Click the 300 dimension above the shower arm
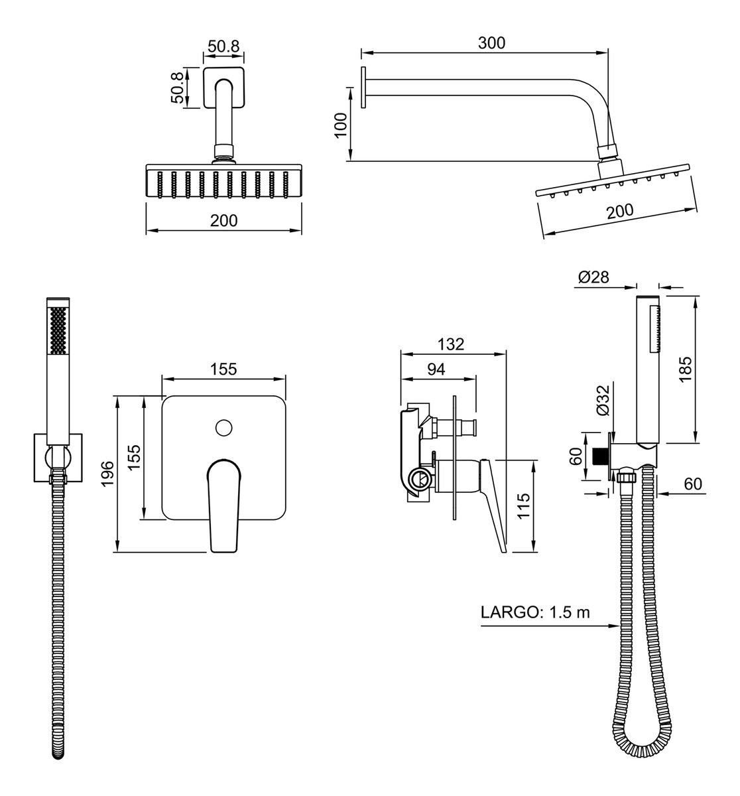click(491, 43)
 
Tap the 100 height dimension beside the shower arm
click(341, 125)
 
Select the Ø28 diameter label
click(593, 277)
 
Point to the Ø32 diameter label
click(603, 400)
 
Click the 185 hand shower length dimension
click(686, 369)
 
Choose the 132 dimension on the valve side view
click(451, 344)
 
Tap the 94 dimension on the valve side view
click(436, 369)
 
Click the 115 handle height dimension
click(524, 506)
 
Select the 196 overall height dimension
click(107, 474)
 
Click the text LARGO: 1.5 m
click(535, 612)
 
